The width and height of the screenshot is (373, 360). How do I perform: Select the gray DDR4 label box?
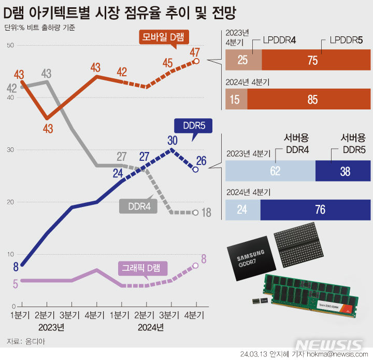(x=135, y=206)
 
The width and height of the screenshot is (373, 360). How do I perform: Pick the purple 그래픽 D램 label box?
(x=140, y=268)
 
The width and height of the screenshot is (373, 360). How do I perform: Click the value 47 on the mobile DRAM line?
(x=195, y=52)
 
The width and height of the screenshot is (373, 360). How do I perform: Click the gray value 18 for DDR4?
(x=206, y=213)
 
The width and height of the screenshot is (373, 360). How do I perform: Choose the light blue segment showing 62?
(x=270, y=171)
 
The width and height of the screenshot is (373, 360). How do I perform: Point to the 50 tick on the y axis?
(x=10, y=46)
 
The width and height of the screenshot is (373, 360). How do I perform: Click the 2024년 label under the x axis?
(x=151, y=327)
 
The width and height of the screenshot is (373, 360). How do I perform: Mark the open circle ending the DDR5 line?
(x=195, y=169)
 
